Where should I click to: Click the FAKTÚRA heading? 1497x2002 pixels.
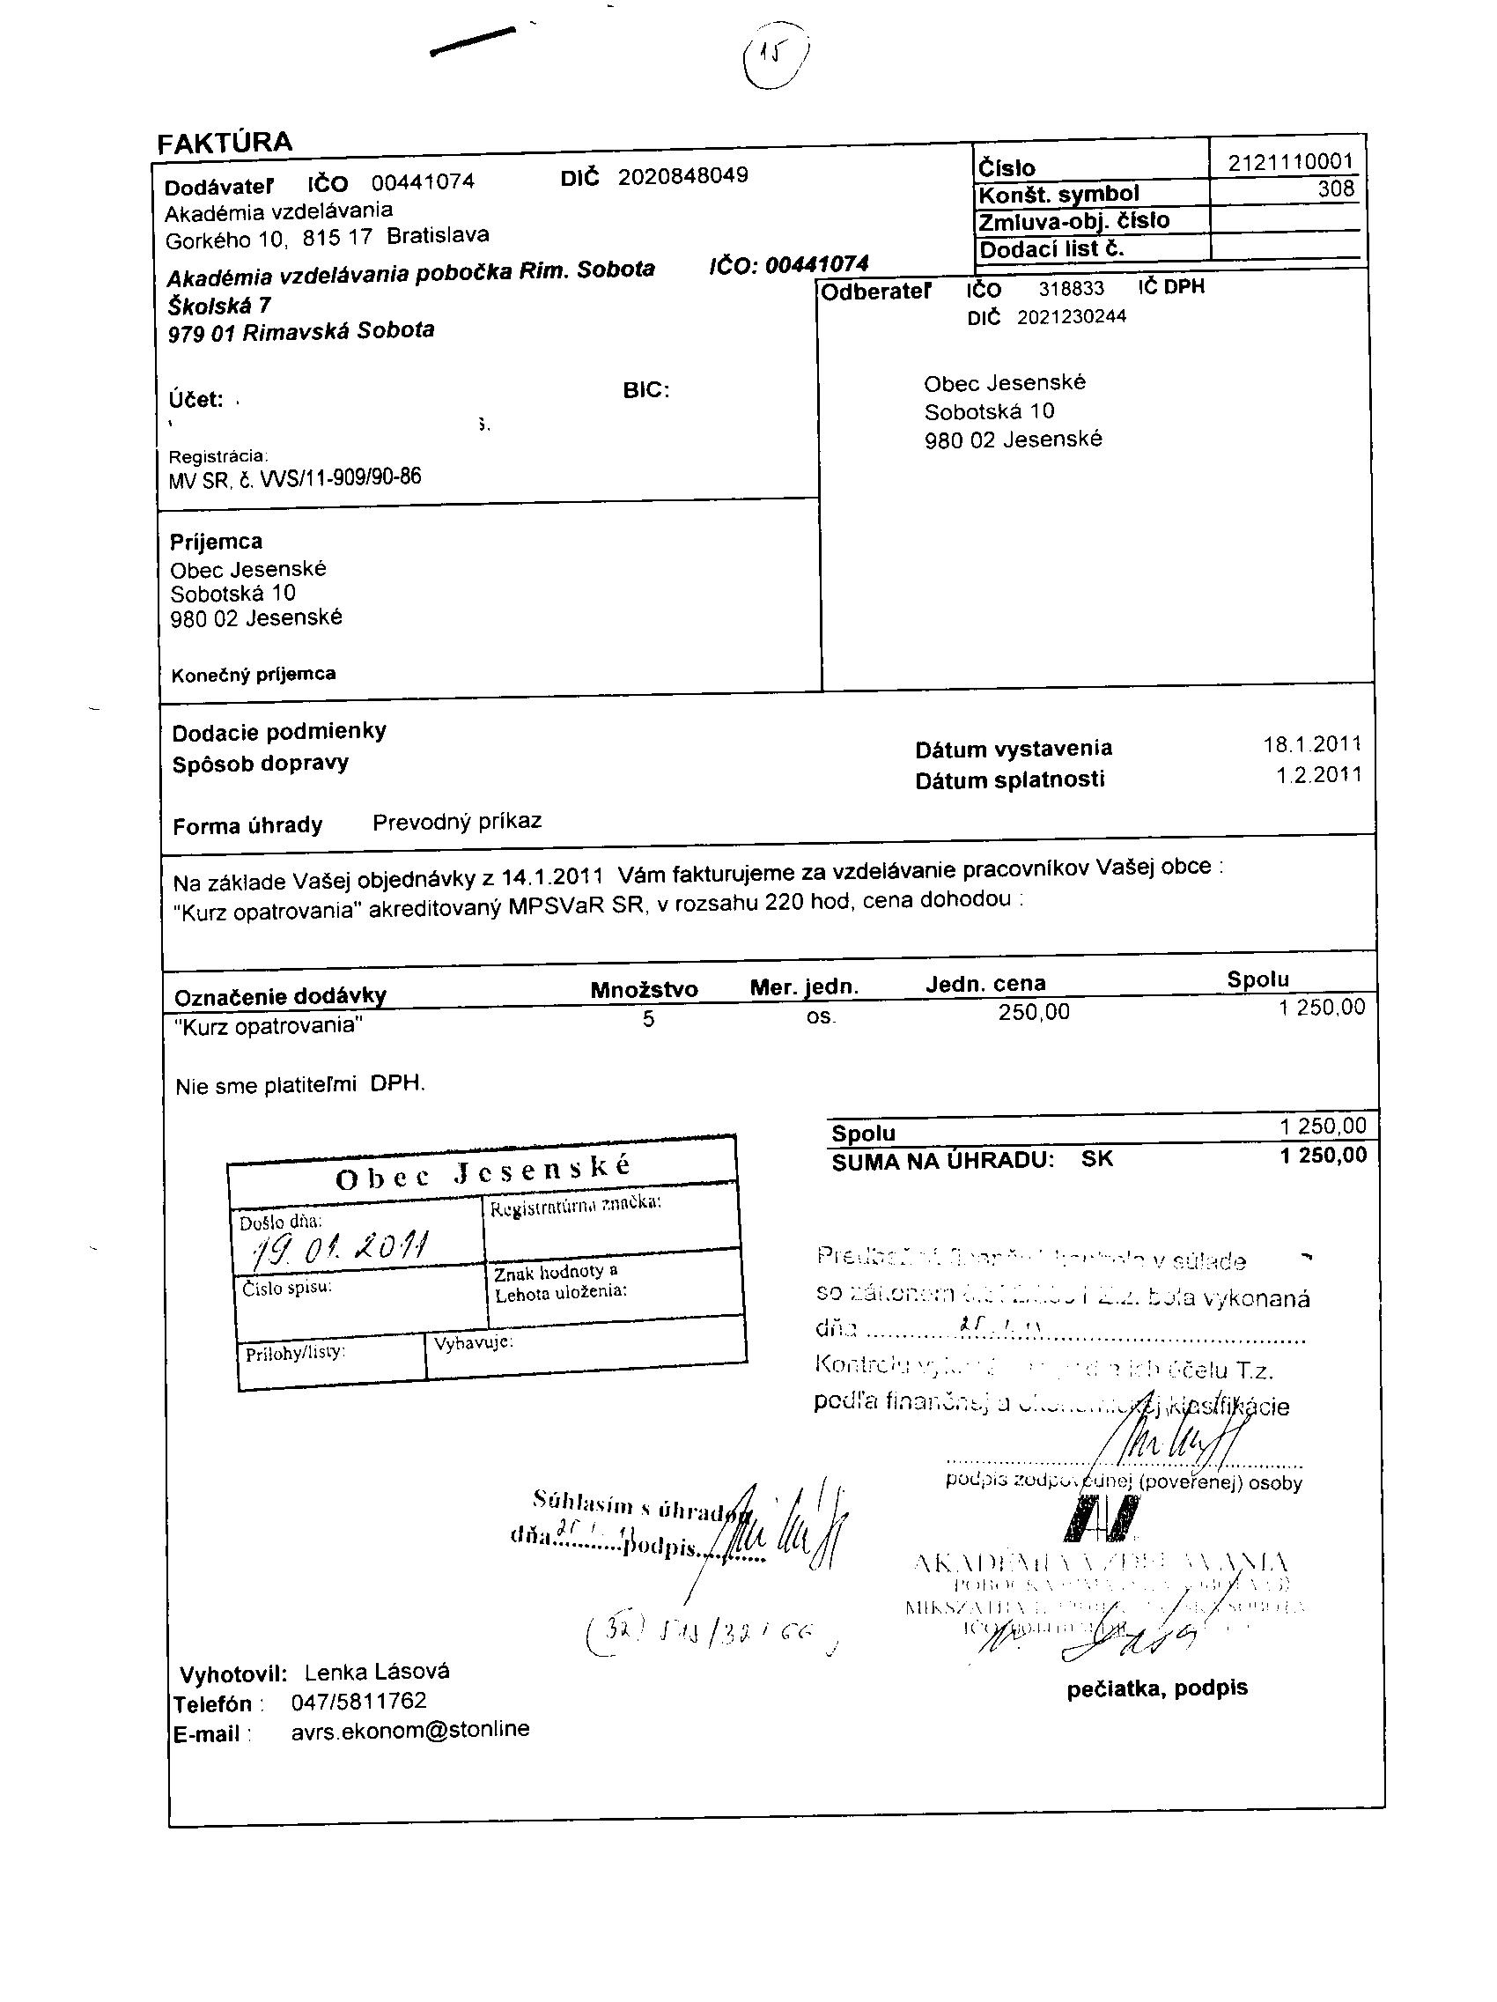point(225,143)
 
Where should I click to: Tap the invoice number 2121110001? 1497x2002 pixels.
point(1289,162)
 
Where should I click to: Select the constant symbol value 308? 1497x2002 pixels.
point(1336,188)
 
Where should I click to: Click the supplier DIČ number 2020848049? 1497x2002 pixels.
point(682,175)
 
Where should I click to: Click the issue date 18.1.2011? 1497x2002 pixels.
point(1311,744)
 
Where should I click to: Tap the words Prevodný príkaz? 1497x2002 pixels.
point(457,822)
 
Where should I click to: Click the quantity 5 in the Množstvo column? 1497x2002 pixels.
point(648,1020)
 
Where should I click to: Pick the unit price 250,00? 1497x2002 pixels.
point(1033,1012)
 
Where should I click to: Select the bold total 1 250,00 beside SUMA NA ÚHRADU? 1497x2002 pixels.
point(1323,1156)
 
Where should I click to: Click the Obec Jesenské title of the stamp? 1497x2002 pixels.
point(483,1172)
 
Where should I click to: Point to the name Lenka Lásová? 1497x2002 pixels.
point(377,1672)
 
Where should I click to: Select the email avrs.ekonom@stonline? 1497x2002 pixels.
point(410,1730)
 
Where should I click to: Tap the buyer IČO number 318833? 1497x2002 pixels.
point(1071,290)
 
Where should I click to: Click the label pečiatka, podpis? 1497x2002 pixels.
point(1157,1688)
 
